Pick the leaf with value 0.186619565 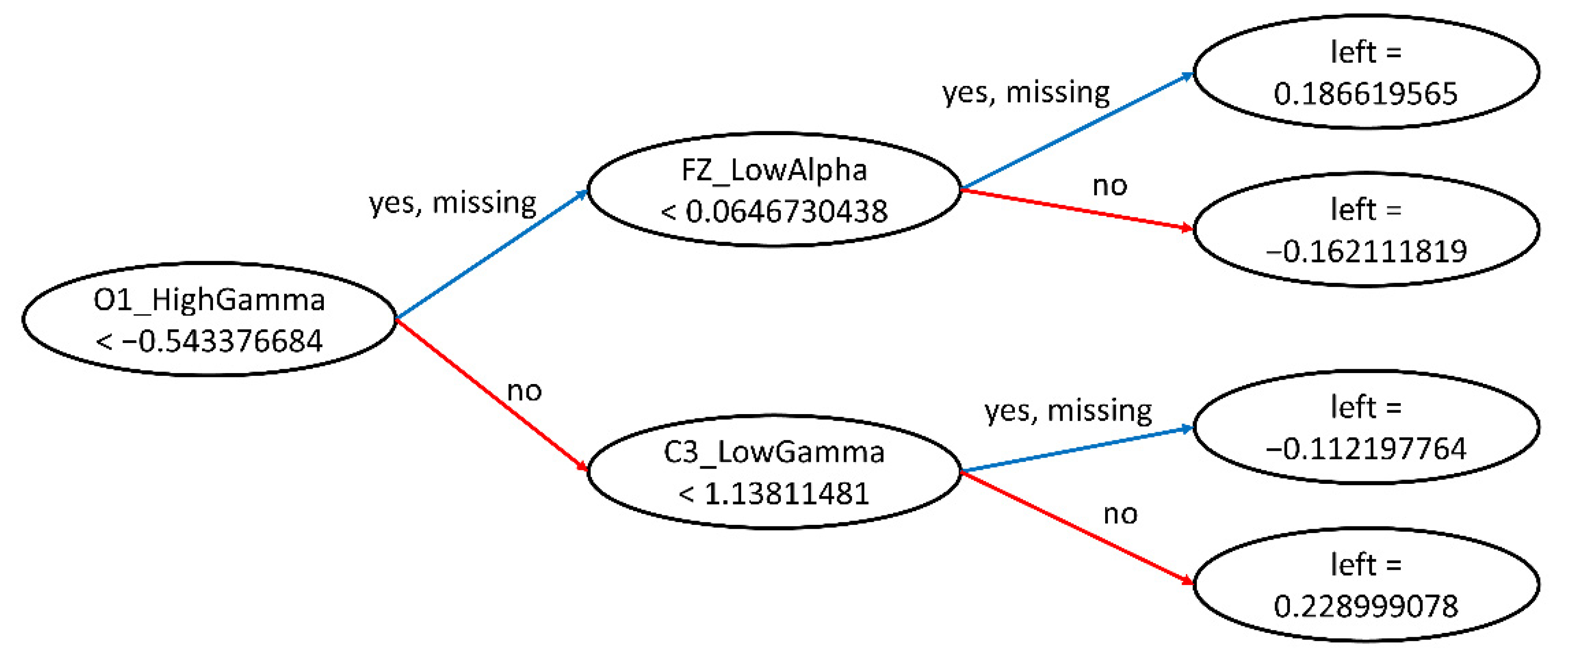1365,72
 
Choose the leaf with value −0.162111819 1365,230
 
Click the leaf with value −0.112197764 1365,427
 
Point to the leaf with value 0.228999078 1365,585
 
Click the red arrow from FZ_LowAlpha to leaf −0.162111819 1077,209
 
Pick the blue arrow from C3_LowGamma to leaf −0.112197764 1077,449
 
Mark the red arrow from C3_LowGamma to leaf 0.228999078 1077,527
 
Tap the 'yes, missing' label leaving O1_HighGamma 453,203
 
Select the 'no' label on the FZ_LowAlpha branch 1109,186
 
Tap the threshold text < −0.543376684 209,341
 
